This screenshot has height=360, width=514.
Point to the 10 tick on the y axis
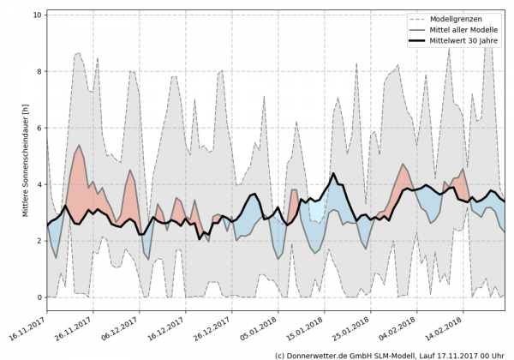point(37,15)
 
